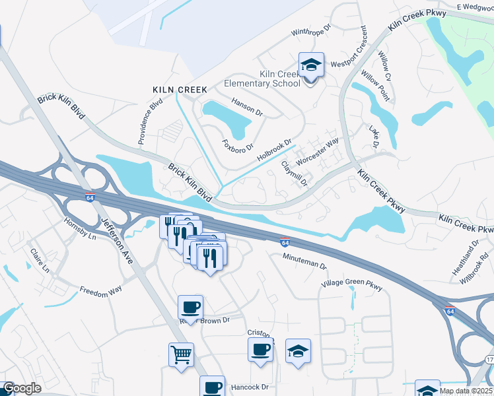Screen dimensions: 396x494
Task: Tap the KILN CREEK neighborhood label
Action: tap(180, 89)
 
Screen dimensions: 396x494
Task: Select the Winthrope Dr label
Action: tap(314, 32)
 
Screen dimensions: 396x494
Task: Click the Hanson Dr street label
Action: tap(247, 107)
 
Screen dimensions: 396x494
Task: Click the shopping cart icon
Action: tap(181, 355)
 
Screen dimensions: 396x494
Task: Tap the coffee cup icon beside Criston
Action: tap(261, 350)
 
